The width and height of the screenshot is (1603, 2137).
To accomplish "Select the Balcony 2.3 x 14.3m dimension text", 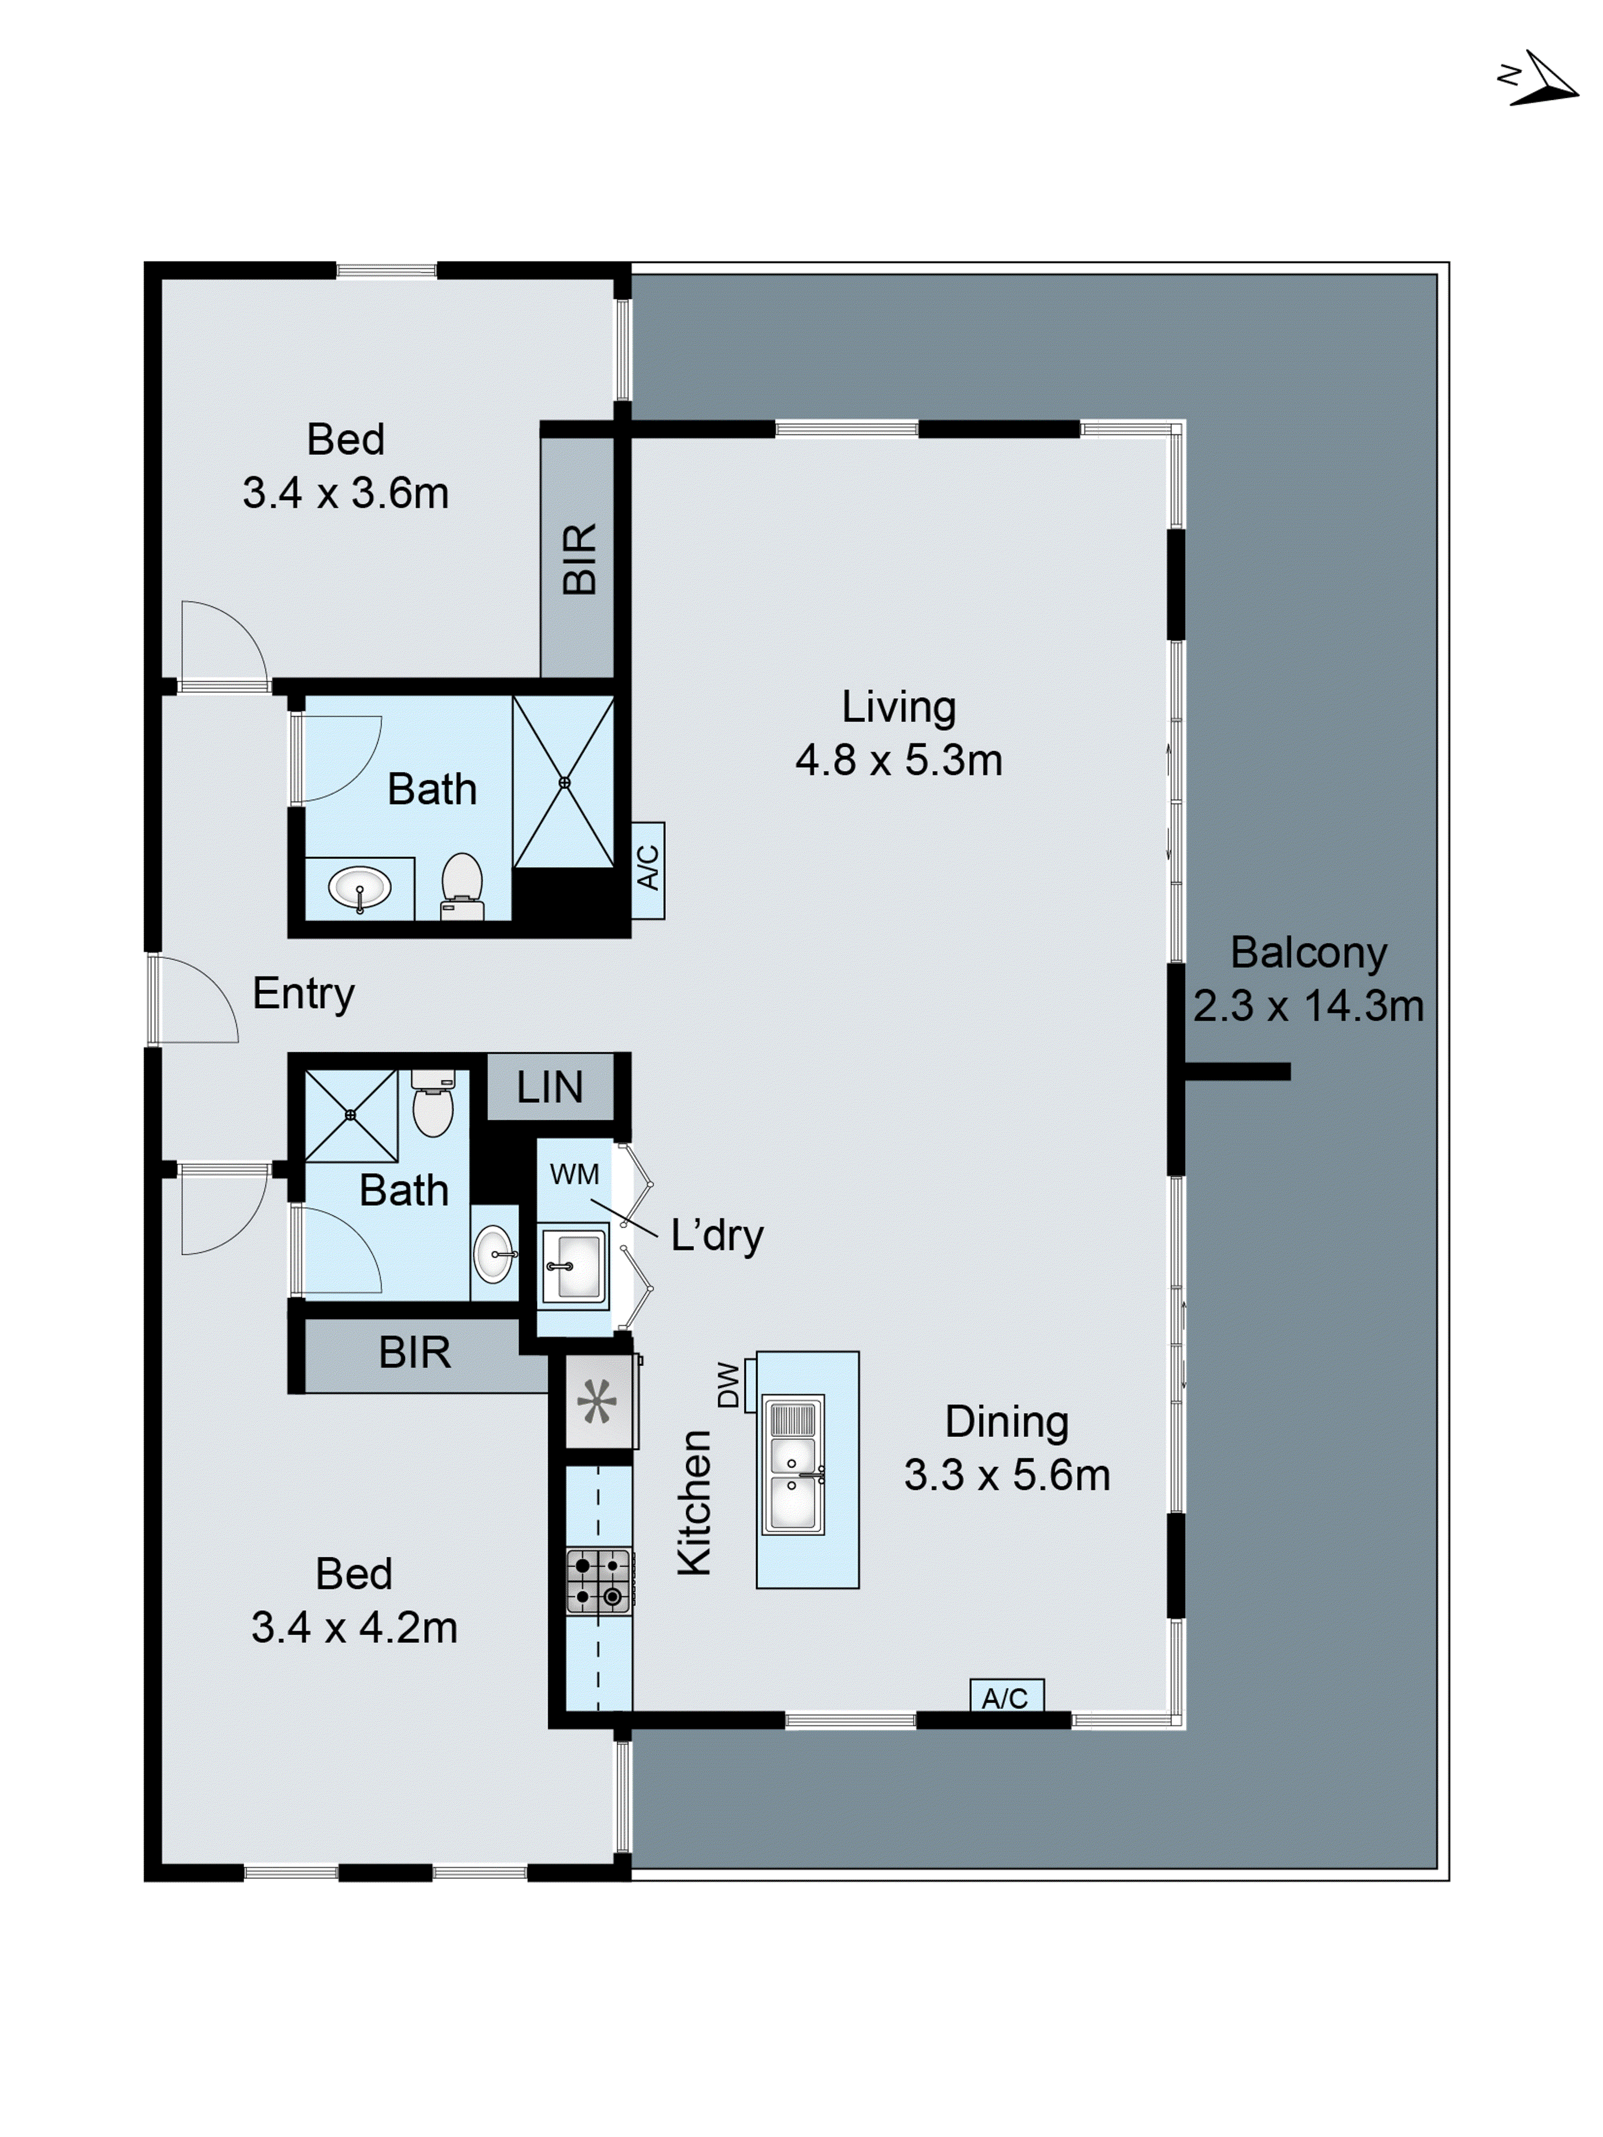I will tap(1308, 1005).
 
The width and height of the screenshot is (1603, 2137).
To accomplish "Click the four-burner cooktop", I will tap(598, 1581).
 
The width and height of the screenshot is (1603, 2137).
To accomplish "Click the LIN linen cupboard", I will tap(549, 1087).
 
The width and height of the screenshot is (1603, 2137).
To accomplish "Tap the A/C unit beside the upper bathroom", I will tap(648, 869).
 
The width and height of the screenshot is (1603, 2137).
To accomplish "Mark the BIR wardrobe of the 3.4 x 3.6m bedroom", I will tap(578, 558).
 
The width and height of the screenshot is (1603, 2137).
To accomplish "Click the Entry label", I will tap(304, 993).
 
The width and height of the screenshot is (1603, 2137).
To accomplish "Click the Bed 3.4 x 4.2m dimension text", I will tap(354, 1628).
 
